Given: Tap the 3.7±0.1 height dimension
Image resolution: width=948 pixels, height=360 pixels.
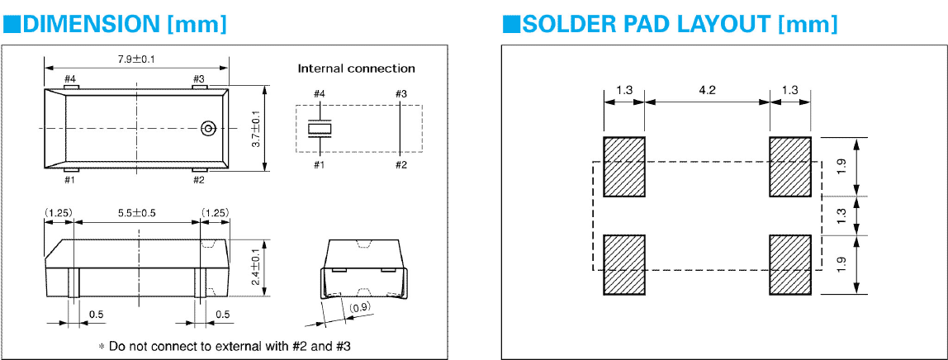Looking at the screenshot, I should click(x=255, y=129).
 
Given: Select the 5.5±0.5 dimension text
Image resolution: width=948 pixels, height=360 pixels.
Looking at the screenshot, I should click(x=136, y=213).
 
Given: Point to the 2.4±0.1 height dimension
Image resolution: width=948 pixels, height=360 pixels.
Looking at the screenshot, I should click(x=255, y=268).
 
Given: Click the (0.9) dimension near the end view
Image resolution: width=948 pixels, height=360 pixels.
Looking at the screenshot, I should click(x=360, y=308).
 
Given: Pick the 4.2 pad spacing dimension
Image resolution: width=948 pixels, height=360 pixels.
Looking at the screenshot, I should click(x=707, y=90).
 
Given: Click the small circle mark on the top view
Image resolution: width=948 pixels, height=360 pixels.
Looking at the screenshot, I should click(x=208, y=128).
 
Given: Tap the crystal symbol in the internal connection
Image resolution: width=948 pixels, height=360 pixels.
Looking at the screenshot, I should click(x=319, y=129).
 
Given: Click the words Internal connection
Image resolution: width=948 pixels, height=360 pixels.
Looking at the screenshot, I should click(x=356, y=69).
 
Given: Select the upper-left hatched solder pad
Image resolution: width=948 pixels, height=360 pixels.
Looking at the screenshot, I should click(x=624, y=167).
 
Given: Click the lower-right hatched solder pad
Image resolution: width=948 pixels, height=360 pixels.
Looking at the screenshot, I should click(x=790, y=264).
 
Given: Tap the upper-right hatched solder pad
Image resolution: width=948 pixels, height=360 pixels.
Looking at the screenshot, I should click(x=790, y=167).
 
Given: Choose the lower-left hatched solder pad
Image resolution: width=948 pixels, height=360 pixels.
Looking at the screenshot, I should click(x=624, y=264).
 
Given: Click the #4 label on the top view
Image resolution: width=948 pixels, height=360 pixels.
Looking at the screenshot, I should click(x=70, y=79).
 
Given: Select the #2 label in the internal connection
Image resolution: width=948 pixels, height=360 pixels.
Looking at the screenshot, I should click(x=401, y=165).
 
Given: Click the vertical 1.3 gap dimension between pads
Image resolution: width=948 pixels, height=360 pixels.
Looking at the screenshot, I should click(x=841, y=216).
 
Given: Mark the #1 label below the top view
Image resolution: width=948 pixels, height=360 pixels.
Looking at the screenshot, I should click(x=70, y=179).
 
